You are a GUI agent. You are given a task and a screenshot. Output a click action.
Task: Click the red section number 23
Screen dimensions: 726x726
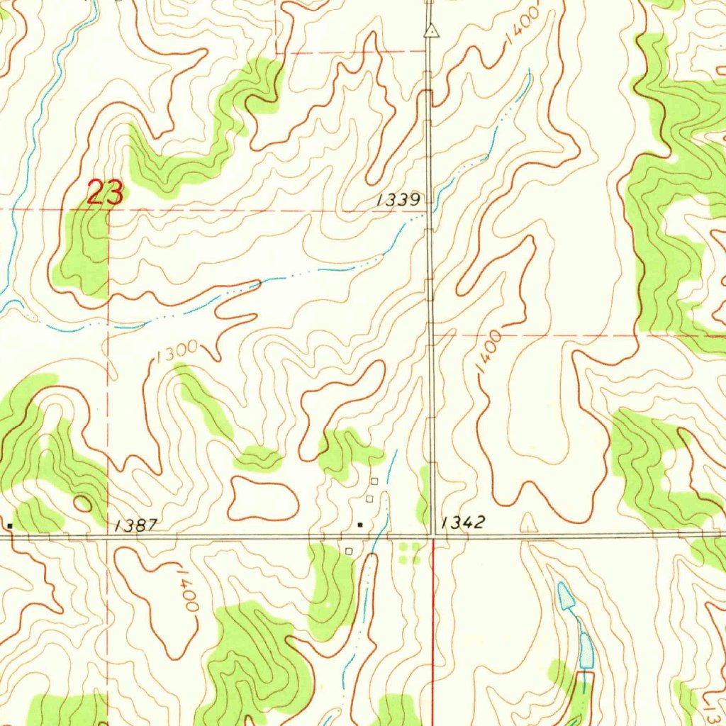click(x=105, y=193)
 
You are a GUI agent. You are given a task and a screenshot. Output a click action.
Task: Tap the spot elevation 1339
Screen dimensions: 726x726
click(x=399, y=201)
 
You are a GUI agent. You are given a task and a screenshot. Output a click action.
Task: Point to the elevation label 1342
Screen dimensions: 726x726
click(x=463, y=523)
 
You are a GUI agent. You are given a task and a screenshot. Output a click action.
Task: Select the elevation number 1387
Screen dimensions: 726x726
click(x=135, y=525)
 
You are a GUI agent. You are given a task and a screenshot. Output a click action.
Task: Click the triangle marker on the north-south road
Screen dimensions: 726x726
click(x=430, y=31)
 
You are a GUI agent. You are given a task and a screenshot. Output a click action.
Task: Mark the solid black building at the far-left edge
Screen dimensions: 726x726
click(x=10, y=525)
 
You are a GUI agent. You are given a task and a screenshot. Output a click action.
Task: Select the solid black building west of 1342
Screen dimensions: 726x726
click(x=361, y=525)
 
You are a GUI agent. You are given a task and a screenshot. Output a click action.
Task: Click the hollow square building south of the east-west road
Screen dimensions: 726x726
click(x=348, y=550)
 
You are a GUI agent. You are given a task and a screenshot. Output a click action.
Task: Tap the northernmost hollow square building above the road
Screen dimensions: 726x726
click(x=374, y=481)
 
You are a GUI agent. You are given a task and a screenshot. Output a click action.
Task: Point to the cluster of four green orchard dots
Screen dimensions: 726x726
click(x=410, y=553)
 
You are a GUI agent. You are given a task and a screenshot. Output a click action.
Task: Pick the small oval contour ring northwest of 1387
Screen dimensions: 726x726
click(x=83, y=504)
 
